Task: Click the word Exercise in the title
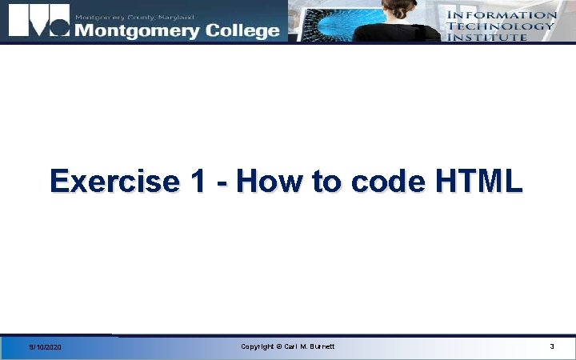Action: click(115, 182)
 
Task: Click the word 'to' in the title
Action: click(326, 182)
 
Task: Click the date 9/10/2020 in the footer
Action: click(45, 347)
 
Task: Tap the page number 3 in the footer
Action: click(551, 346)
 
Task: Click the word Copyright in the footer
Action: click(258, 346)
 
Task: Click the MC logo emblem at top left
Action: click(37, 22)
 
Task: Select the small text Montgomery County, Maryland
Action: click(134, 16)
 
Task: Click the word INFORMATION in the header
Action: click(501, 14)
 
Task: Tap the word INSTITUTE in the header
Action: click(487, 37)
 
